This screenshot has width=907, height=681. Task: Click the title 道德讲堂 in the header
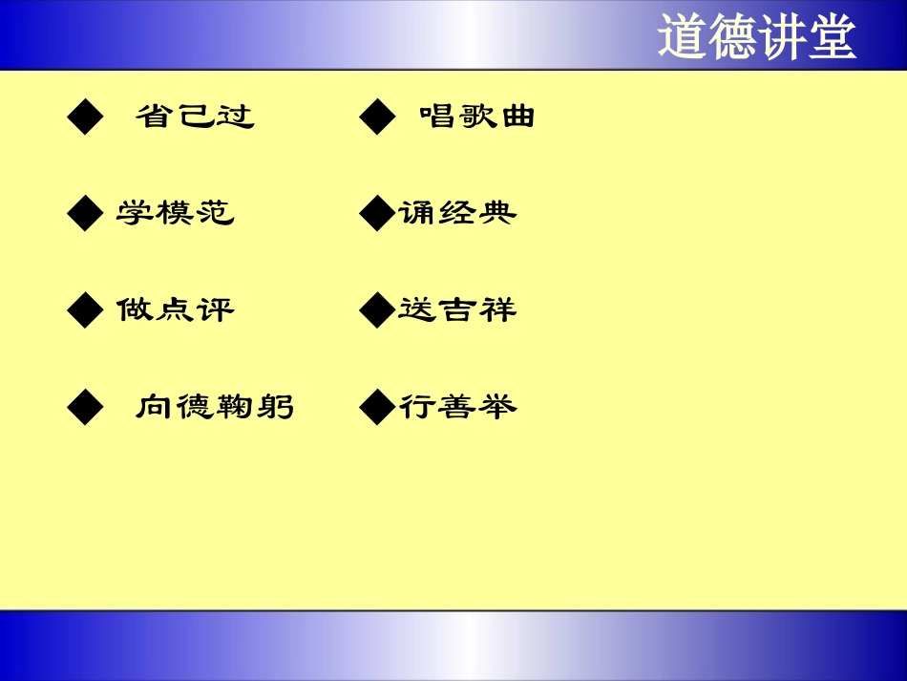pos(756,37)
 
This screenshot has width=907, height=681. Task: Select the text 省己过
pos(195,117)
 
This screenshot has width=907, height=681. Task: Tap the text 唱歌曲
pos(477,117)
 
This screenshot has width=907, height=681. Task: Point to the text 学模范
pos(176,213)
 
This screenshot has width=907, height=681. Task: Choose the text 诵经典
pos(457,213)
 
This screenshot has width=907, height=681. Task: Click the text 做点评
pos(176,310)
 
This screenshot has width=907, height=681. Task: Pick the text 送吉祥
pos(457,310)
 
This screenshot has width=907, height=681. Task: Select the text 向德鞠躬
pos(215,408)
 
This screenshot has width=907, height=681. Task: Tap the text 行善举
pos(457,408)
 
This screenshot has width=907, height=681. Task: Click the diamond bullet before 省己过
pos(85,118)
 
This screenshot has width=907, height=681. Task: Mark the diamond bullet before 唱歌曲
pos(377,118)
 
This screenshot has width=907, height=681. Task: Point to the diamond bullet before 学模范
pos(85,214)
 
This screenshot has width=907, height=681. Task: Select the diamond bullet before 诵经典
pos(377,214)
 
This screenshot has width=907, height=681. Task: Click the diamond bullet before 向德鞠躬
pos(85,409)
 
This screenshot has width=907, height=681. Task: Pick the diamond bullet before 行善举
pos(377,409)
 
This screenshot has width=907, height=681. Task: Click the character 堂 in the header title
pos(831,37)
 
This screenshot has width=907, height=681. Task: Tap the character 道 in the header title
pos(682,37)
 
